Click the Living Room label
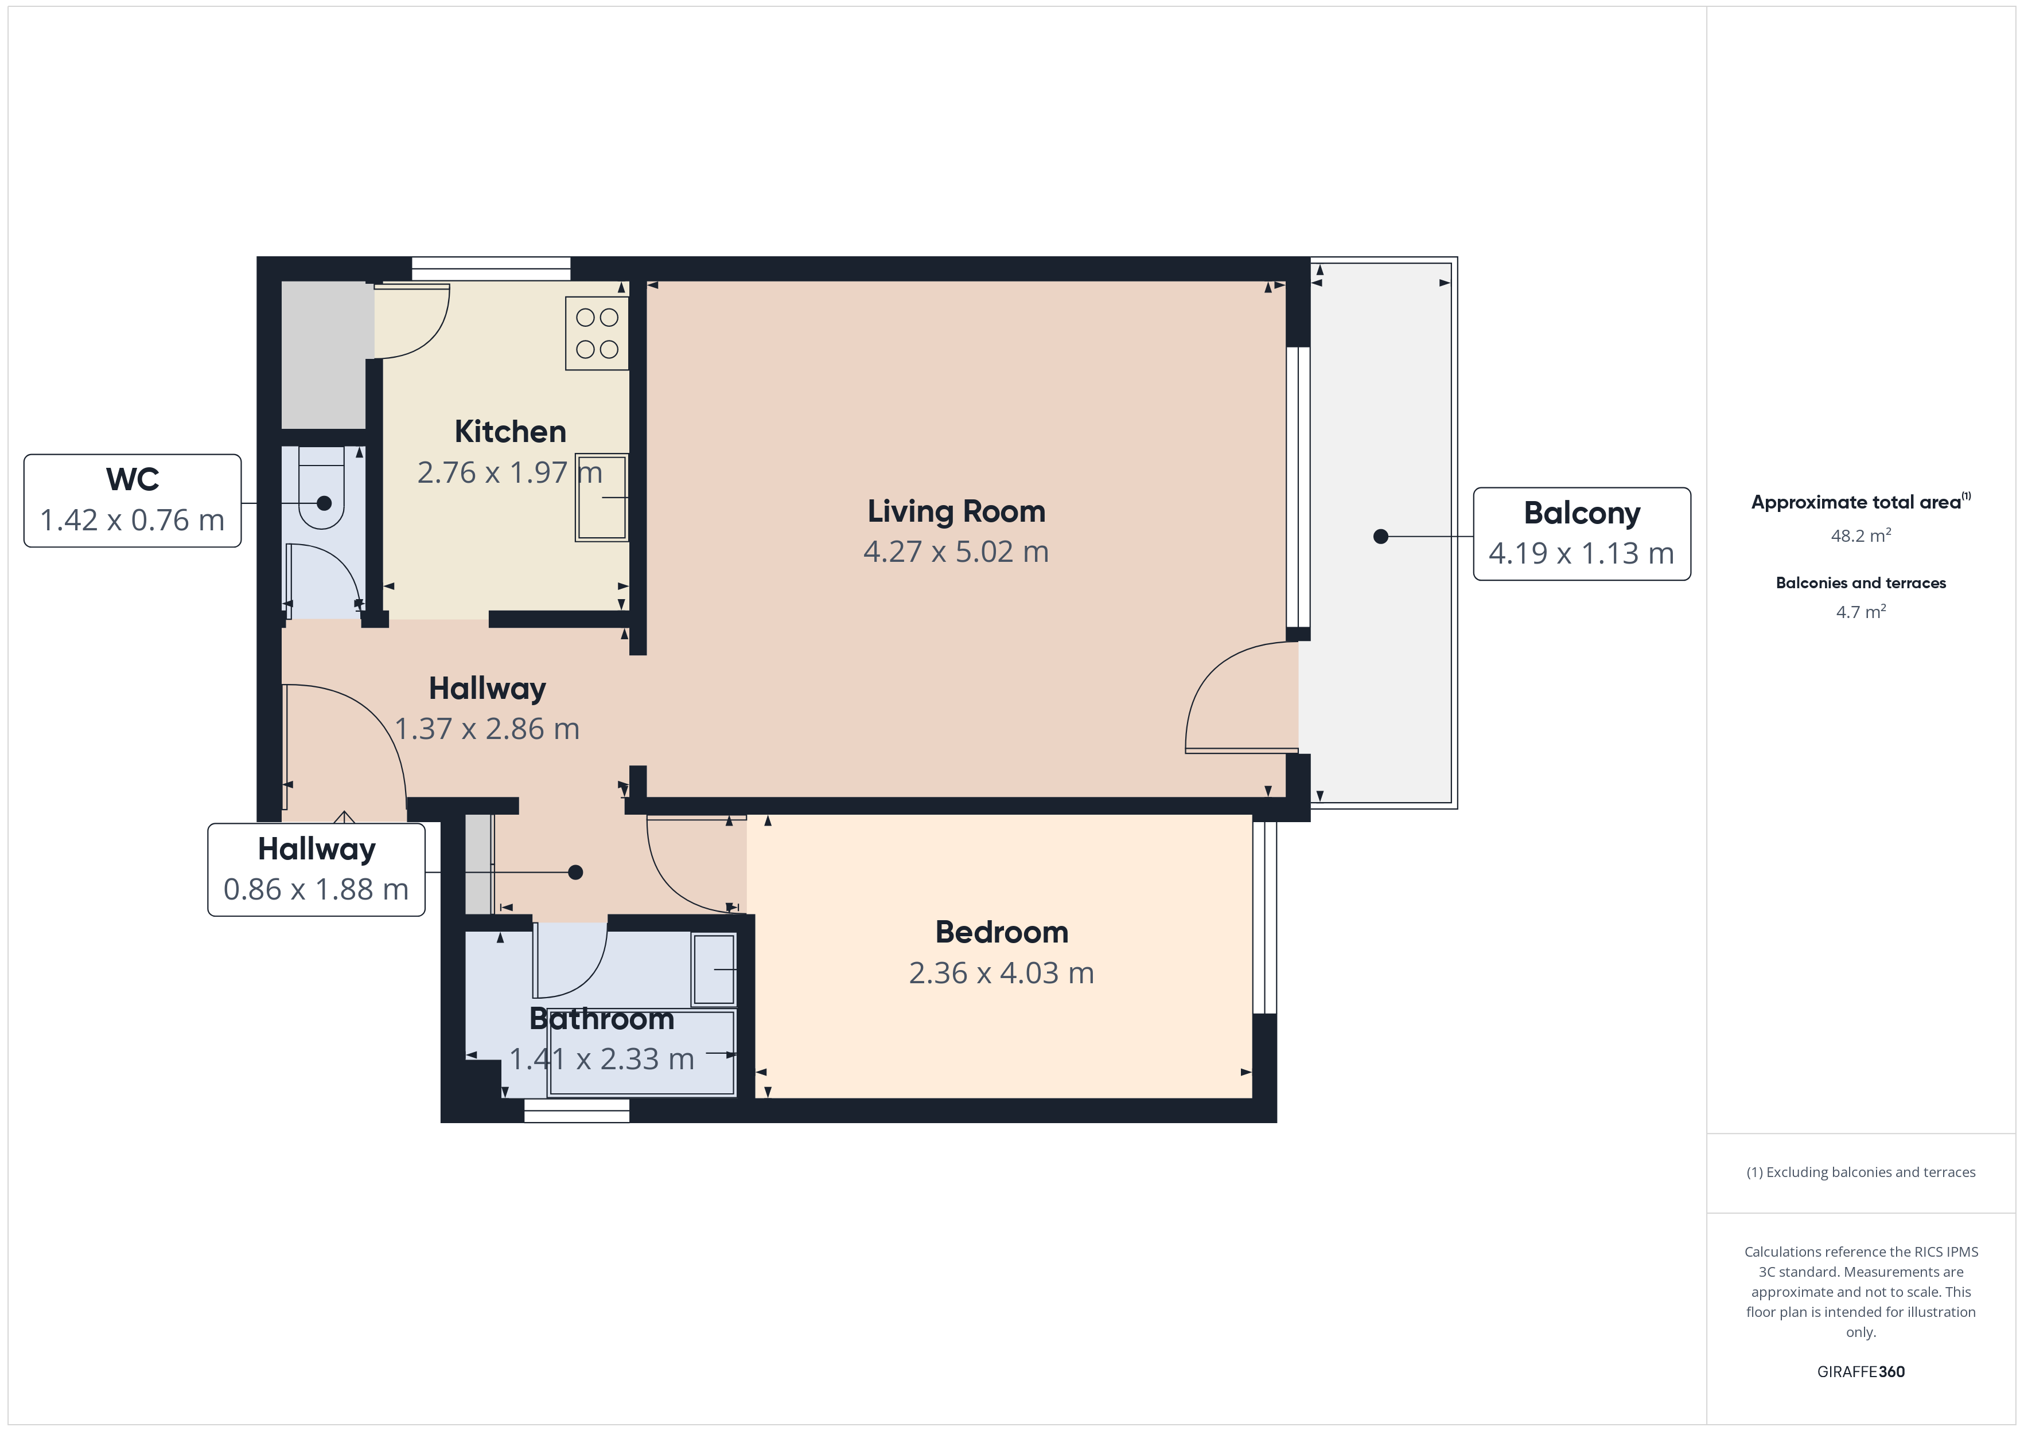(956, 511)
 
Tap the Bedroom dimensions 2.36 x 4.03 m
(1002, 973)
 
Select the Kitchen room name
(511, 432)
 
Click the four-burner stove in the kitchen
(597, 333)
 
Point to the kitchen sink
(601, 497)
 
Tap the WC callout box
(132, 501)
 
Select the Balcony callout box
(1582, 534)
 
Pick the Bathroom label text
(602, 1019)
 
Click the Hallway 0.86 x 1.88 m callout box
(317, 870)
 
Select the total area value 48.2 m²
(1861, 535)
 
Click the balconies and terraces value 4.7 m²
(1861, 612)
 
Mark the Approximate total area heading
(1856, 502)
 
